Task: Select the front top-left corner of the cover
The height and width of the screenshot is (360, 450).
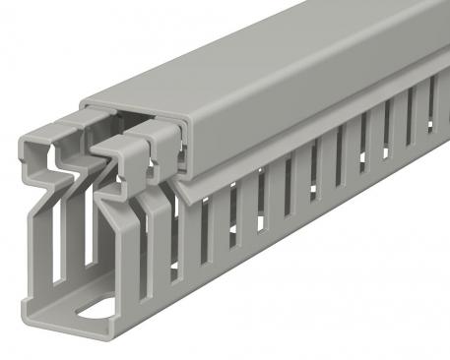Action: click(83, 102)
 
